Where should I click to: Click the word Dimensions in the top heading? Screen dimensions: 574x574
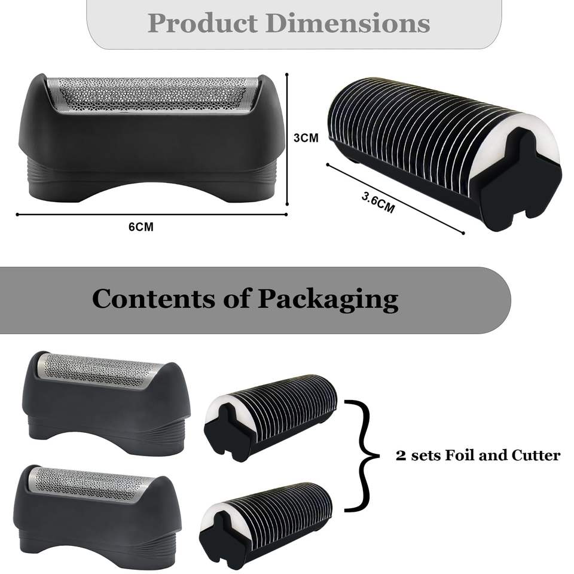pyautogui.click(x=348, y=23)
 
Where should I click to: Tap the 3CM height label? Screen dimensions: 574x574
pyautogui.click(x=306, y=138)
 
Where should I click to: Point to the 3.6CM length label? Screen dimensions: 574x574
pyautogui.click(x=378, y=204)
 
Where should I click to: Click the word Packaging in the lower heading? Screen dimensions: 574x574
pyautogui.click(x=328, y=299)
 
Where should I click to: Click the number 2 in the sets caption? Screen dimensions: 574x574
pyautogui.click(x=401, y=456)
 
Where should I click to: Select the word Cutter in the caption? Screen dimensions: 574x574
pyautogui.click(x=536, y=456)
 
